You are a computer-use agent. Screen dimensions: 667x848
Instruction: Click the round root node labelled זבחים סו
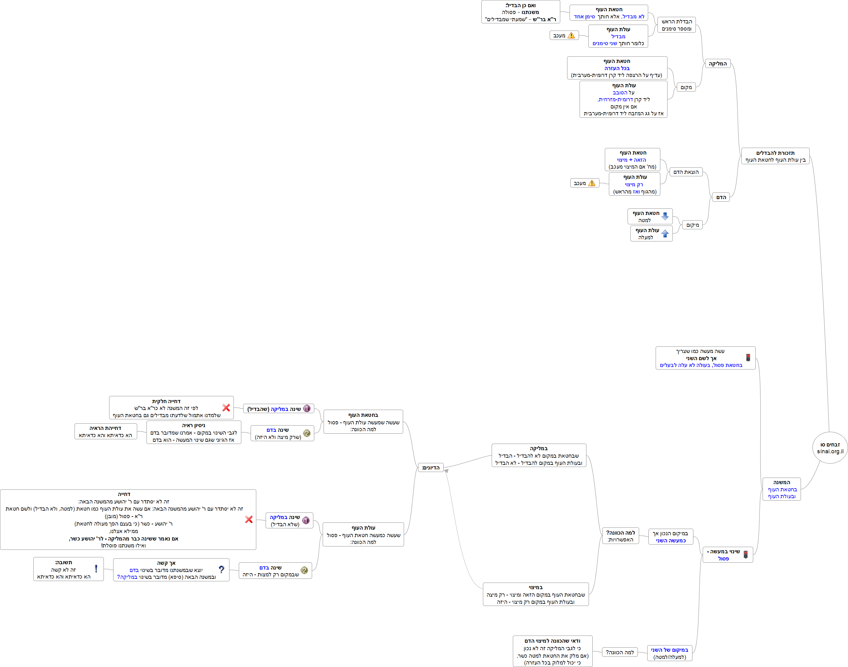[x=830, y=448]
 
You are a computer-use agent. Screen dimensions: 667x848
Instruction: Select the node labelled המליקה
[x=717, y=64]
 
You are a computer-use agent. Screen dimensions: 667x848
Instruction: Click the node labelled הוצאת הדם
[x=686, y=172]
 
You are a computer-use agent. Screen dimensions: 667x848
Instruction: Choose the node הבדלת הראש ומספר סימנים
[x=677, y=25]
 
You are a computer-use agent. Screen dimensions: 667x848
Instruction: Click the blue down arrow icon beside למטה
[x=665, y=216]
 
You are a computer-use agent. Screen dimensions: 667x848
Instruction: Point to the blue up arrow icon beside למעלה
[x=665, y=234]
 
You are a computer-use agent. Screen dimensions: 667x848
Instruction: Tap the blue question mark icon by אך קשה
[x=222, y=569]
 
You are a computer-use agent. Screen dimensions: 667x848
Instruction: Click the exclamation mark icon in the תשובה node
[x=96, y=569]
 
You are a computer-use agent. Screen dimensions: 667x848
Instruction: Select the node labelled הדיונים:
[x=431, y=467]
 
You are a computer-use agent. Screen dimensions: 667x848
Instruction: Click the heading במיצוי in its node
[x=535, y=587]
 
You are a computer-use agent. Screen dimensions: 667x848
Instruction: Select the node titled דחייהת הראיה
[x=105, y=431]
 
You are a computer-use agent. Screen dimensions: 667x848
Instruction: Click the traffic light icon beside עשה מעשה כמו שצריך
[x=748, y=358]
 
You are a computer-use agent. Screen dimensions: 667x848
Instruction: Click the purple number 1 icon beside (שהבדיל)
[x=307, y=408]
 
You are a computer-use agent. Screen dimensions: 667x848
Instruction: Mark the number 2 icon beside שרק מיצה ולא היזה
[x=307, y=433]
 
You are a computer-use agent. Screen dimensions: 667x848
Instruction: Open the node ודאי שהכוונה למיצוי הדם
[x=552, y=651]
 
